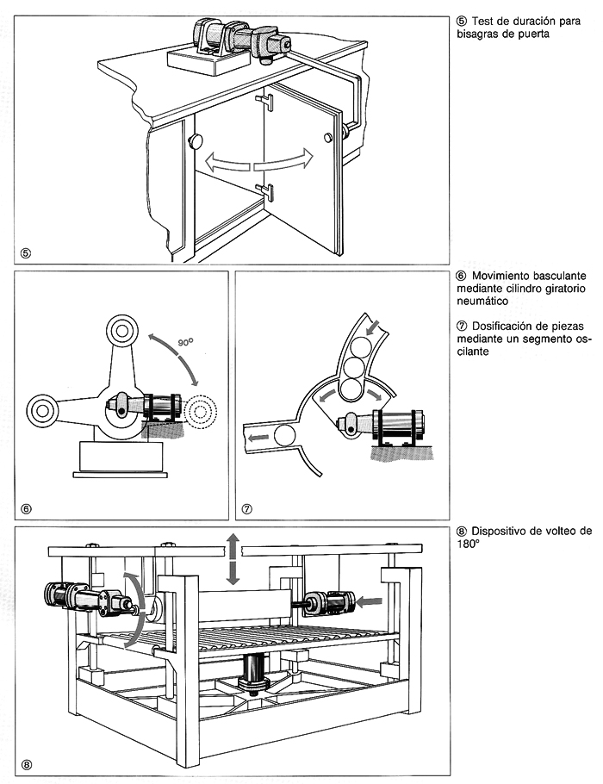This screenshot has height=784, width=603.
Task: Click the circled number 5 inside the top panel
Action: (26, 253)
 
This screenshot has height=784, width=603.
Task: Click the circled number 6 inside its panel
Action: (26, 508)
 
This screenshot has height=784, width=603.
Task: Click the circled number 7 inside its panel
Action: (247, 508)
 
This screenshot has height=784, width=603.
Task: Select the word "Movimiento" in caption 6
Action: (506, 277)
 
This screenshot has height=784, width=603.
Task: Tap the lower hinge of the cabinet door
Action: (265, 189)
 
